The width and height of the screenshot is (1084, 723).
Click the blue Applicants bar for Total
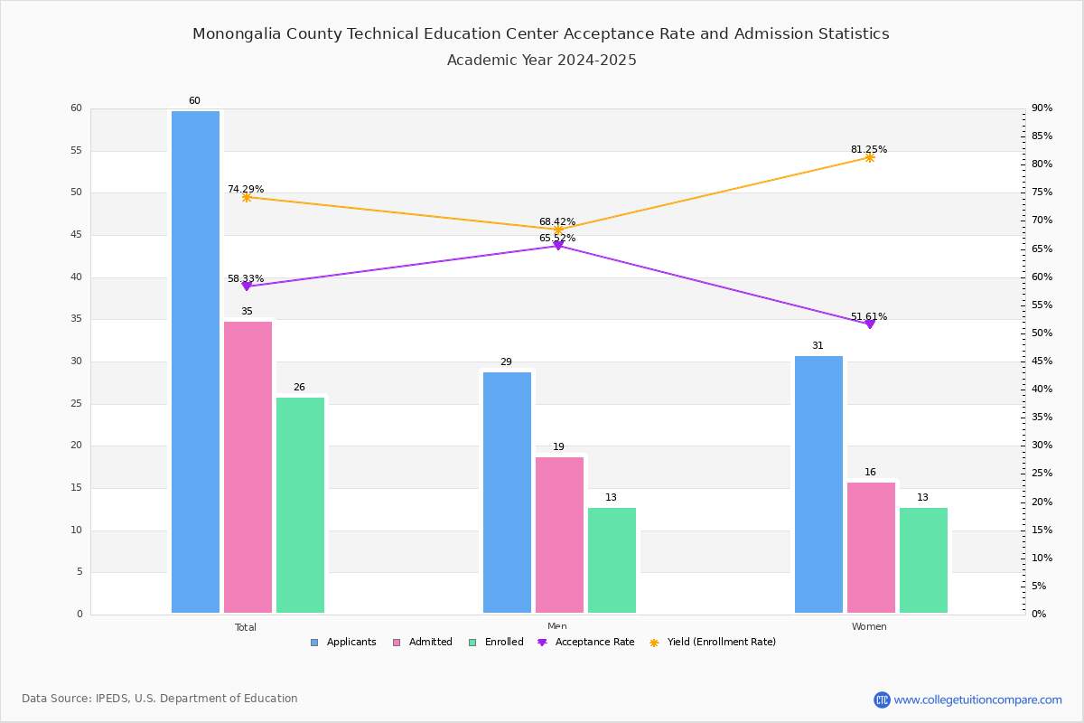(195, 361)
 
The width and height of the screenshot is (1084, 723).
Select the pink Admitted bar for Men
(559, 535)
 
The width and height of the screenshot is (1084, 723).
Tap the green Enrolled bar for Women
(923, 560)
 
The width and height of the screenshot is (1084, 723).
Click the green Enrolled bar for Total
(300, 505)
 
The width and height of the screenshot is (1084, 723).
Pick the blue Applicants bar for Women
(818, 484)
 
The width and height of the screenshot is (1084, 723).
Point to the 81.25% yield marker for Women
(870, 158)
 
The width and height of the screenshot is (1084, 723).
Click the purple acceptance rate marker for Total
(247, 286)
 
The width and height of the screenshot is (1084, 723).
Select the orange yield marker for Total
(247, 197)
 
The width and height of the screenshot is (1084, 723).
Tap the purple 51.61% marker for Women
(870, 324)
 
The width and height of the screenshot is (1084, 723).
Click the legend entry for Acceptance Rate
(586, 643)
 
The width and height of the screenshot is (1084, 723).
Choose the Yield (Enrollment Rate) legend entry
(713, 643)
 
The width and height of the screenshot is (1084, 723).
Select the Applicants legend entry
(343, 643)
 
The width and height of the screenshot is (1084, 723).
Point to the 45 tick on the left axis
(77, 235)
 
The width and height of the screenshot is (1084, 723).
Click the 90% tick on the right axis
(1042, 108)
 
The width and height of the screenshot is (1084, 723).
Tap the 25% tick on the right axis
(1042, 474)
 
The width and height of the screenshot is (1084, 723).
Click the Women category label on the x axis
(869, 626)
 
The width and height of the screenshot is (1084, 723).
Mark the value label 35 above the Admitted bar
(247, 312)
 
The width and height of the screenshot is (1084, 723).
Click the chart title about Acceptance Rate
(541, 34)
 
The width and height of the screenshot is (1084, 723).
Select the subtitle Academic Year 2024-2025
(541, 60)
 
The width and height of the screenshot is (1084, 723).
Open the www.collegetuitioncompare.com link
(977, 700)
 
